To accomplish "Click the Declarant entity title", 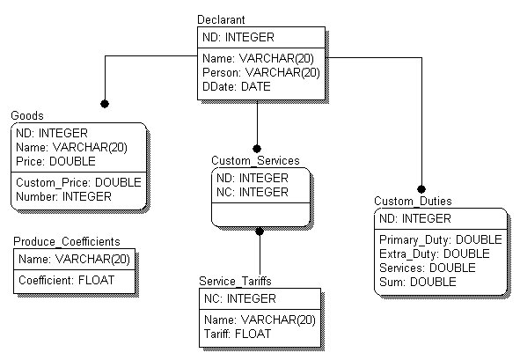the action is (221, 20).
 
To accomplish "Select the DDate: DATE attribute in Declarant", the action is (237, 86).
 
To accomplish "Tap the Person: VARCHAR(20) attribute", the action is (261, 72).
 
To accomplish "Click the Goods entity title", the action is (27, 115).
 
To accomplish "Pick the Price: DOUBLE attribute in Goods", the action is (55, 162).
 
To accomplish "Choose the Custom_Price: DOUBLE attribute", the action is (78, 182).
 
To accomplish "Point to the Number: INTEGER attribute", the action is (63, 197).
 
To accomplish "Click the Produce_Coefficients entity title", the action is (67, 241).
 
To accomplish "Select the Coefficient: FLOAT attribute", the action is (66, 281).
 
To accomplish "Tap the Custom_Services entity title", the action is (255, 160).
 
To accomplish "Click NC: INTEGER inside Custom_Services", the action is (253, 192).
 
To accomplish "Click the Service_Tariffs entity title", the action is (235, 282).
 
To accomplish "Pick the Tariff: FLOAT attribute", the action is (238, 334).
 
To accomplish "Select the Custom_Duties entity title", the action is (413, 201).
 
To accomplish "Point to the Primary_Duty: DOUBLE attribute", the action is (441, 240).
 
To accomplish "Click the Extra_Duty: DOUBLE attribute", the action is (435, 253).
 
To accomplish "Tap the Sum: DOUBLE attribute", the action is (418, 282).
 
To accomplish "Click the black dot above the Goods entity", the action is (105, 104).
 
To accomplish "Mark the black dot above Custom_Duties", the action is (421, 189).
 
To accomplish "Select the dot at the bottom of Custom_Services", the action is (260, 231).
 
